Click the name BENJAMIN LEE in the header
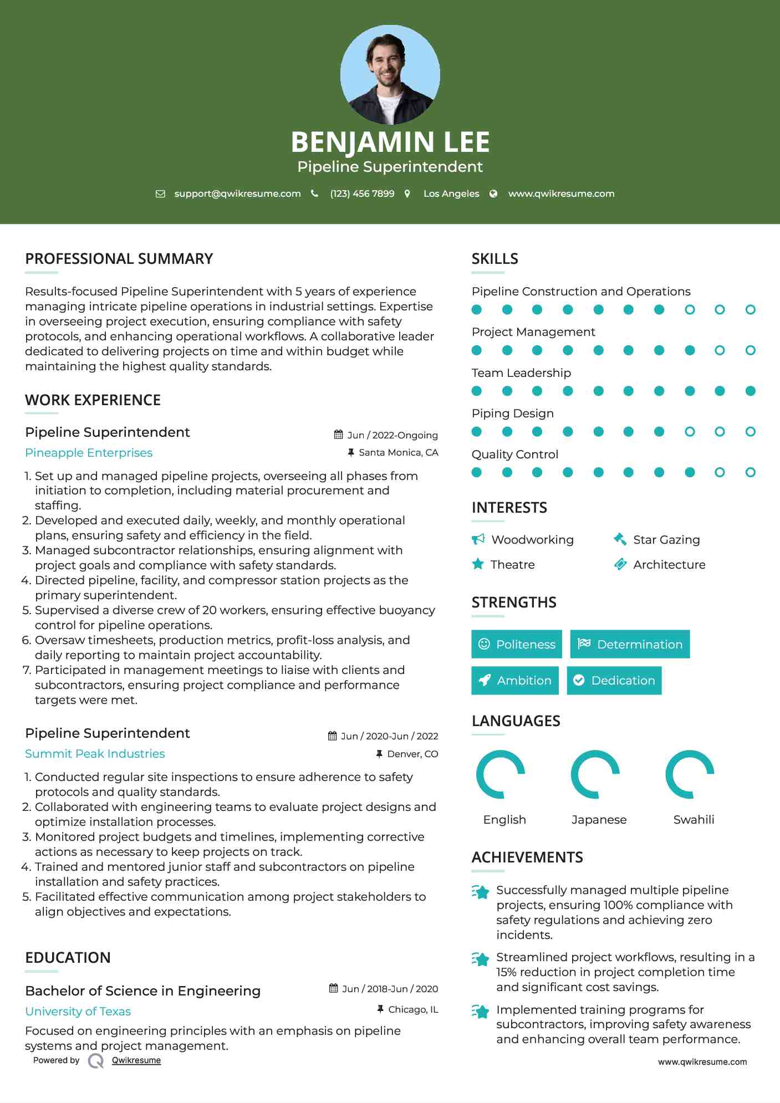[390, 142]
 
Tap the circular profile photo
[390, 74]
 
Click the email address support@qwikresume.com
[237, 193]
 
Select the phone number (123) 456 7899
[362, 193]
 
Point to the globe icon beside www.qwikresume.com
[493, 193]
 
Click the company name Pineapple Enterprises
[89, 453]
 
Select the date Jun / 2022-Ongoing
[392, 435]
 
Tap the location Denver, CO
[412, 754]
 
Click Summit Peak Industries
[95, 754]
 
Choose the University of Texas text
[78, 1012]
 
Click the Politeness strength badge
[517, 644]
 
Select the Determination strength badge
[630, 644]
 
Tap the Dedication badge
[614, 680]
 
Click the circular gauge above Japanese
[595, 774]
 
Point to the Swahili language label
[694, 819]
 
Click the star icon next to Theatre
[478, 564]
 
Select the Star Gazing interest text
[666, 540]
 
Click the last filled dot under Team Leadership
[750, 391]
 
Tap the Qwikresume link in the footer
[136, 1060]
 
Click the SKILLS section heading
[494, 259]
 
